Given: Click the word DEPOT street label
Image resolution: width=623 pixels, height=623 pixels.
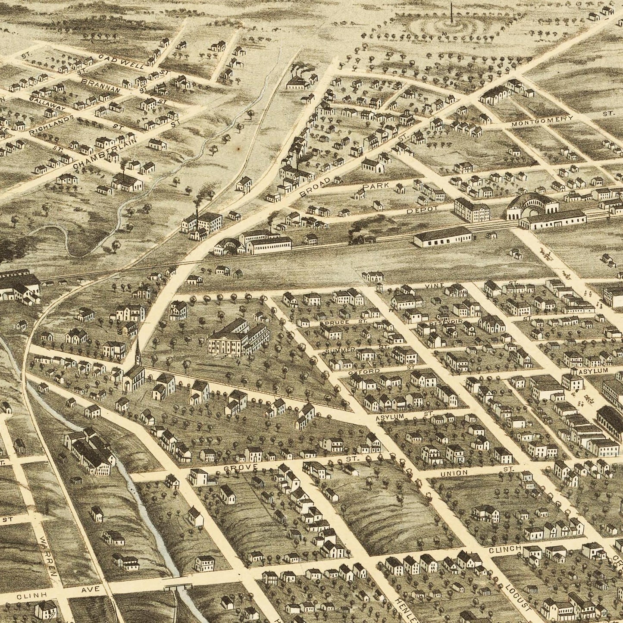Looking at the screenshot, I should [423, 209].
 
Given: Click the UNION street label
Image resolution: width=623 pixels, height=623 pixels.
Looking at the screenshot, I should [454, 473].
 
